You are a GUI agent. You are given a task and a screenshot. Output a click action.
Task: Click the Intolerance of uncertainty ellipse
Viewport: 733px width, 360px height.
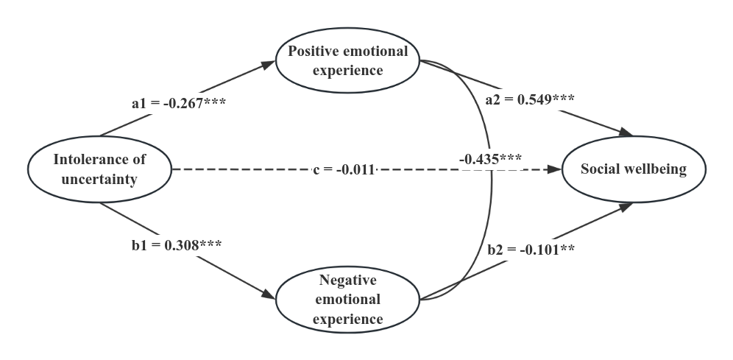point(99,169)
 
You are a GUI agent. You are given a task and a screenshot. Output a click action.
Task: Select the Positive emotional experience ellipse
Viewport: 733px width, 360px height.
point(347,61)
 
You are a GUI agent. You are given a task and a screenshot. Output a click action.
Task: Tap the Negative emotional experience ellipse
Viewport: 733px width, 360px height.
point(347,300)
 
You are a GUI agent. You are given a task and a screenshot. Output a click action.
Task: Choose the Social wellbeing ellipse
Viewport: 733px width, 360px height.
point(634,169)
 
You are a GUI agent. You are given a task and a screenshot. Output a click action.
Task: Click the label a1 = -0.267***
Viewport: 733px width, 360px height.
point(179,104)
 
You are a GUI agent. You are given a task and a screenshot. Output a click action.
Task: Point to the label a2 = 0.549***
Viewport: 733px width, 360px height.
point(530,99)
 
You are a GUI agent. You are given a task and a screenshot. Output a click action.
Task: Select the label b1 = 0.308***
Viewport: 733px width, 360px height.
point(177,245)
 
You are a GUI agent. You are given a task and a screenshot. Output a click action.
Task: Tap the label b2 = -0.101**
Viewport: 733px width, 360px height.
point(531,250)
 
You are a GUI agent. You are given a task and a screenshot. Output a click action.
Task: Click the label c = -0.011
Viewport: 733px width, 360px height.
point(344,171)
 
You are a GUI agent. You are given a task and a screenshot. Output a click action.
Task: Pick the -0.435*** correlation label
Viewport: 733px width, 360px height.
point(490,159)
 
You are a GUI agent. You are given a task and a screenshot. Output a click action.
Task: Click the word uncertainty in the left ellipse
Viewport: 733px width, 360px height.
point(99,180)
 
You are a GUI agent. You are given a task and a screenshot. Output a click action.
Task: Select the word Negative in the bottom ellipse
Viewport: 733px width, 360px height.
point(347,280)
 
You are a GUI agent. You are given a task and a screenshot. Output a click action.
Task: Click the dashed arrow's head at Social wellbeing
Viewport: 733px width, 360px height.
point(553,169)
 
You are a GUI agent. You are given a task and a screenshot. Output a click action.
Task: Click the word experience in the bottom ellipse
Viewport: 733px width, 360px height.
point(347,319)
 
